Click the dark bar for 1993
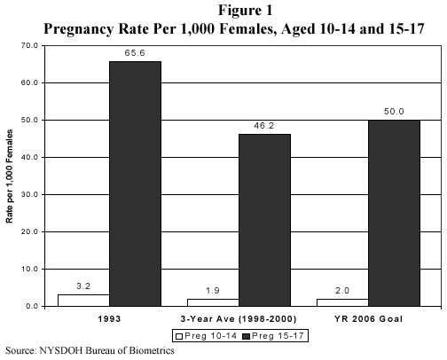135,184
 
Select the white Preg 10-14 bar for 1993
82,300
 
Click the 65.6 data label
135,53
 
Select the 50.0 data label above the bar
393,112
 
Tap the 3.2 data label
82,286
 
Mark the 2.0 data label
341,291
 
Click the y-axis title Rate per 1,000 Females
10,176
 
